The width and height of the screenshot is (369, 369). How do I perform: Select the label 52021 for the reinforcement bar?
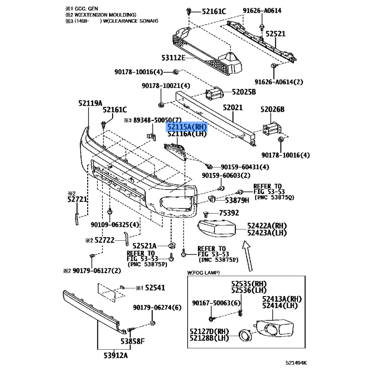coord(233,107)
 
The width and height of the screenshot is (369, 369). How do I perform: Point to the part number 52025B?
coord(244,92)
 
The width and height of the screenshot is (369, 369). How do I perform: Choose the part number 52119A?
coord(90,104)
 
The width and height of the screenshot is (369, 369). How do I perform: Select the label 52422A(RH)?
coord(267,226)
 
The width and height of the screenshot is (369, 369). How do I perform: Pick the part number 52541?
coord(155,288)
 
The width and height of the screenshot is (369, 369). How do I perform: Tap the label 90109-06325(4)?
coord(114,225)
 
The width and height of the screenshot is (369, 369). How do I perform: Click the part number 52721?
coord(77,199)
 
